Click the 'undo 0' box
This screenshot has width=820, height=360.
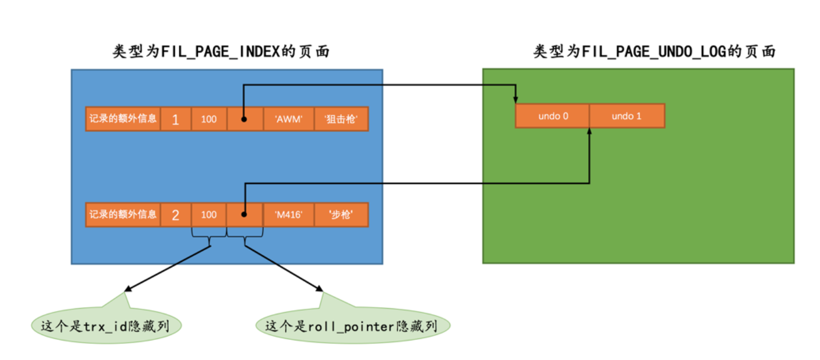point(553,116)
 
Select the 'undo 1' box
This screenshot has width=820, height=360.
point(626,116)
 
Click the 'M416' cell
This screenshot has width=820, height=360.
point(288,215)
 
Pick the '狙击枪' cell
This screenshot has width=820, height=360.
point(340,119)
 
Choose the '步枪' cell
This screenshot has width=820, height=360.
point(340,215)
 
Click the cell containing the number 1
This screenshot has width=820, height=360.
point(175,119)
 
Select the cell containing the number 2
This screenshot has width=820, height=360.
point(175,215)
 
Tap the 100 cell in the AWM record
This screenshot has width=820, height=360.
point(209,119)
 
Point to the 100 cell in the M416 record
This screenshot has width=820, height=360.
point(209,215)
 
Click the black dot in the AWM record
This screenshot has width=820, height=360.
point(244,119)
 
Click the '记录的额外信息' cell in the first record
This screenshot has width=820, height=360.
point(123,119)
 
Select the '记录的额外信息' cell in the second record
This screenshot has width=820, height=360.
point(123,215)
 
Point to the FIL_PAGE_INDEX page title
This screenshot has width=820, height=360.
point(221,52)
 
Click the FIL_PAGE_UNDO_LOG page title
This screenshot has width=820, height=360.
point(655,52)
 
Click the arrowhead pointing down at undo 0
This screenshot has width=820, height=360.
point(516,99)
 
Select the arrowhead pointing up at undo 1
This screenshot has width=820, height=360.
point(589,133)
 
